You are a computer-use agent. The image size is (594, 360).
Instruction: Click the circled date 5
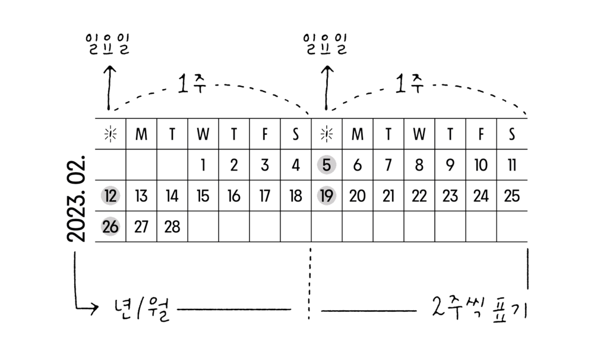[x=326, y=165]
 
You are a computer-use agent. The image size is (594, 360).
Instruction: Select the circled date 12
[x=110, y=195]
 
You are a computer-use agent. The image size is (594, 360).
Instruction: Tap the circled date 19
[x=326, y=195]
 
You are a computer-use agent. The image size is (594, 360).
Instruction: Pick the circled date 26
[x=110, y=226]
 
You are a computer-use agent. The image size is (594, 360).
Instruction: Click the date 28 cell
[x=172, y=226]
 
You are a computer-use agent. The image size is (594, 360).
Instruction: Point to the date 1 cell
[x=203, y=165]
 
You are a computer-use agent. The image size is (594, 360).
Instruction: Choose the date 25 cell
[x=512, y=195]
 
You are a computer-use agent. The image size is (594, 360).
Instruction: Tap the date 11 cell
[x=512, y=165]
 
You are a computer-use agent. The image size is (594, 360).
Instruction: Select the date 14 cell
[x=172, y=195]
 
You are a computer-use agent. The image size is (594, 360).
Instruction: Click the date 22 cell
[x=419, y=195]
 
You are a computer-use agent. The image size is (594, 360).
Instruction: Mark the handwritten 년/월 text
[x=143, y=310]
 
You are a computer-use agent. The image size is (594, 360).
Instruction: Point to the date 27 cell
[x=141, y=226]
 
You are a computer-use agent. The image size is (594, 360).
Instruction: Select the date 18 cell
[x=295, y=195]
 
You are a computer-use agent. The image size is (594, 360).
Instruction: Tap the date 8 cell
[x=419, y=165]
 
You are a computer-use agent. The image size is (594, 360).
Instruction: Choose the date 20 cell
[x=357, y=195]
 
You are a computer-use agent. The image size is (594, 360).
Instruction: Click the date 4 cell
[x=295, y=165]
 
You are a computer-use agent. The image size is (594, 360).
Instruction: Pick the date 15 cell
[x=203, y=195]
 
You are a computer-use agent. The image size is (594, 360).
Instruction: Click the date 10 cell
[x=481, y=165]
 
